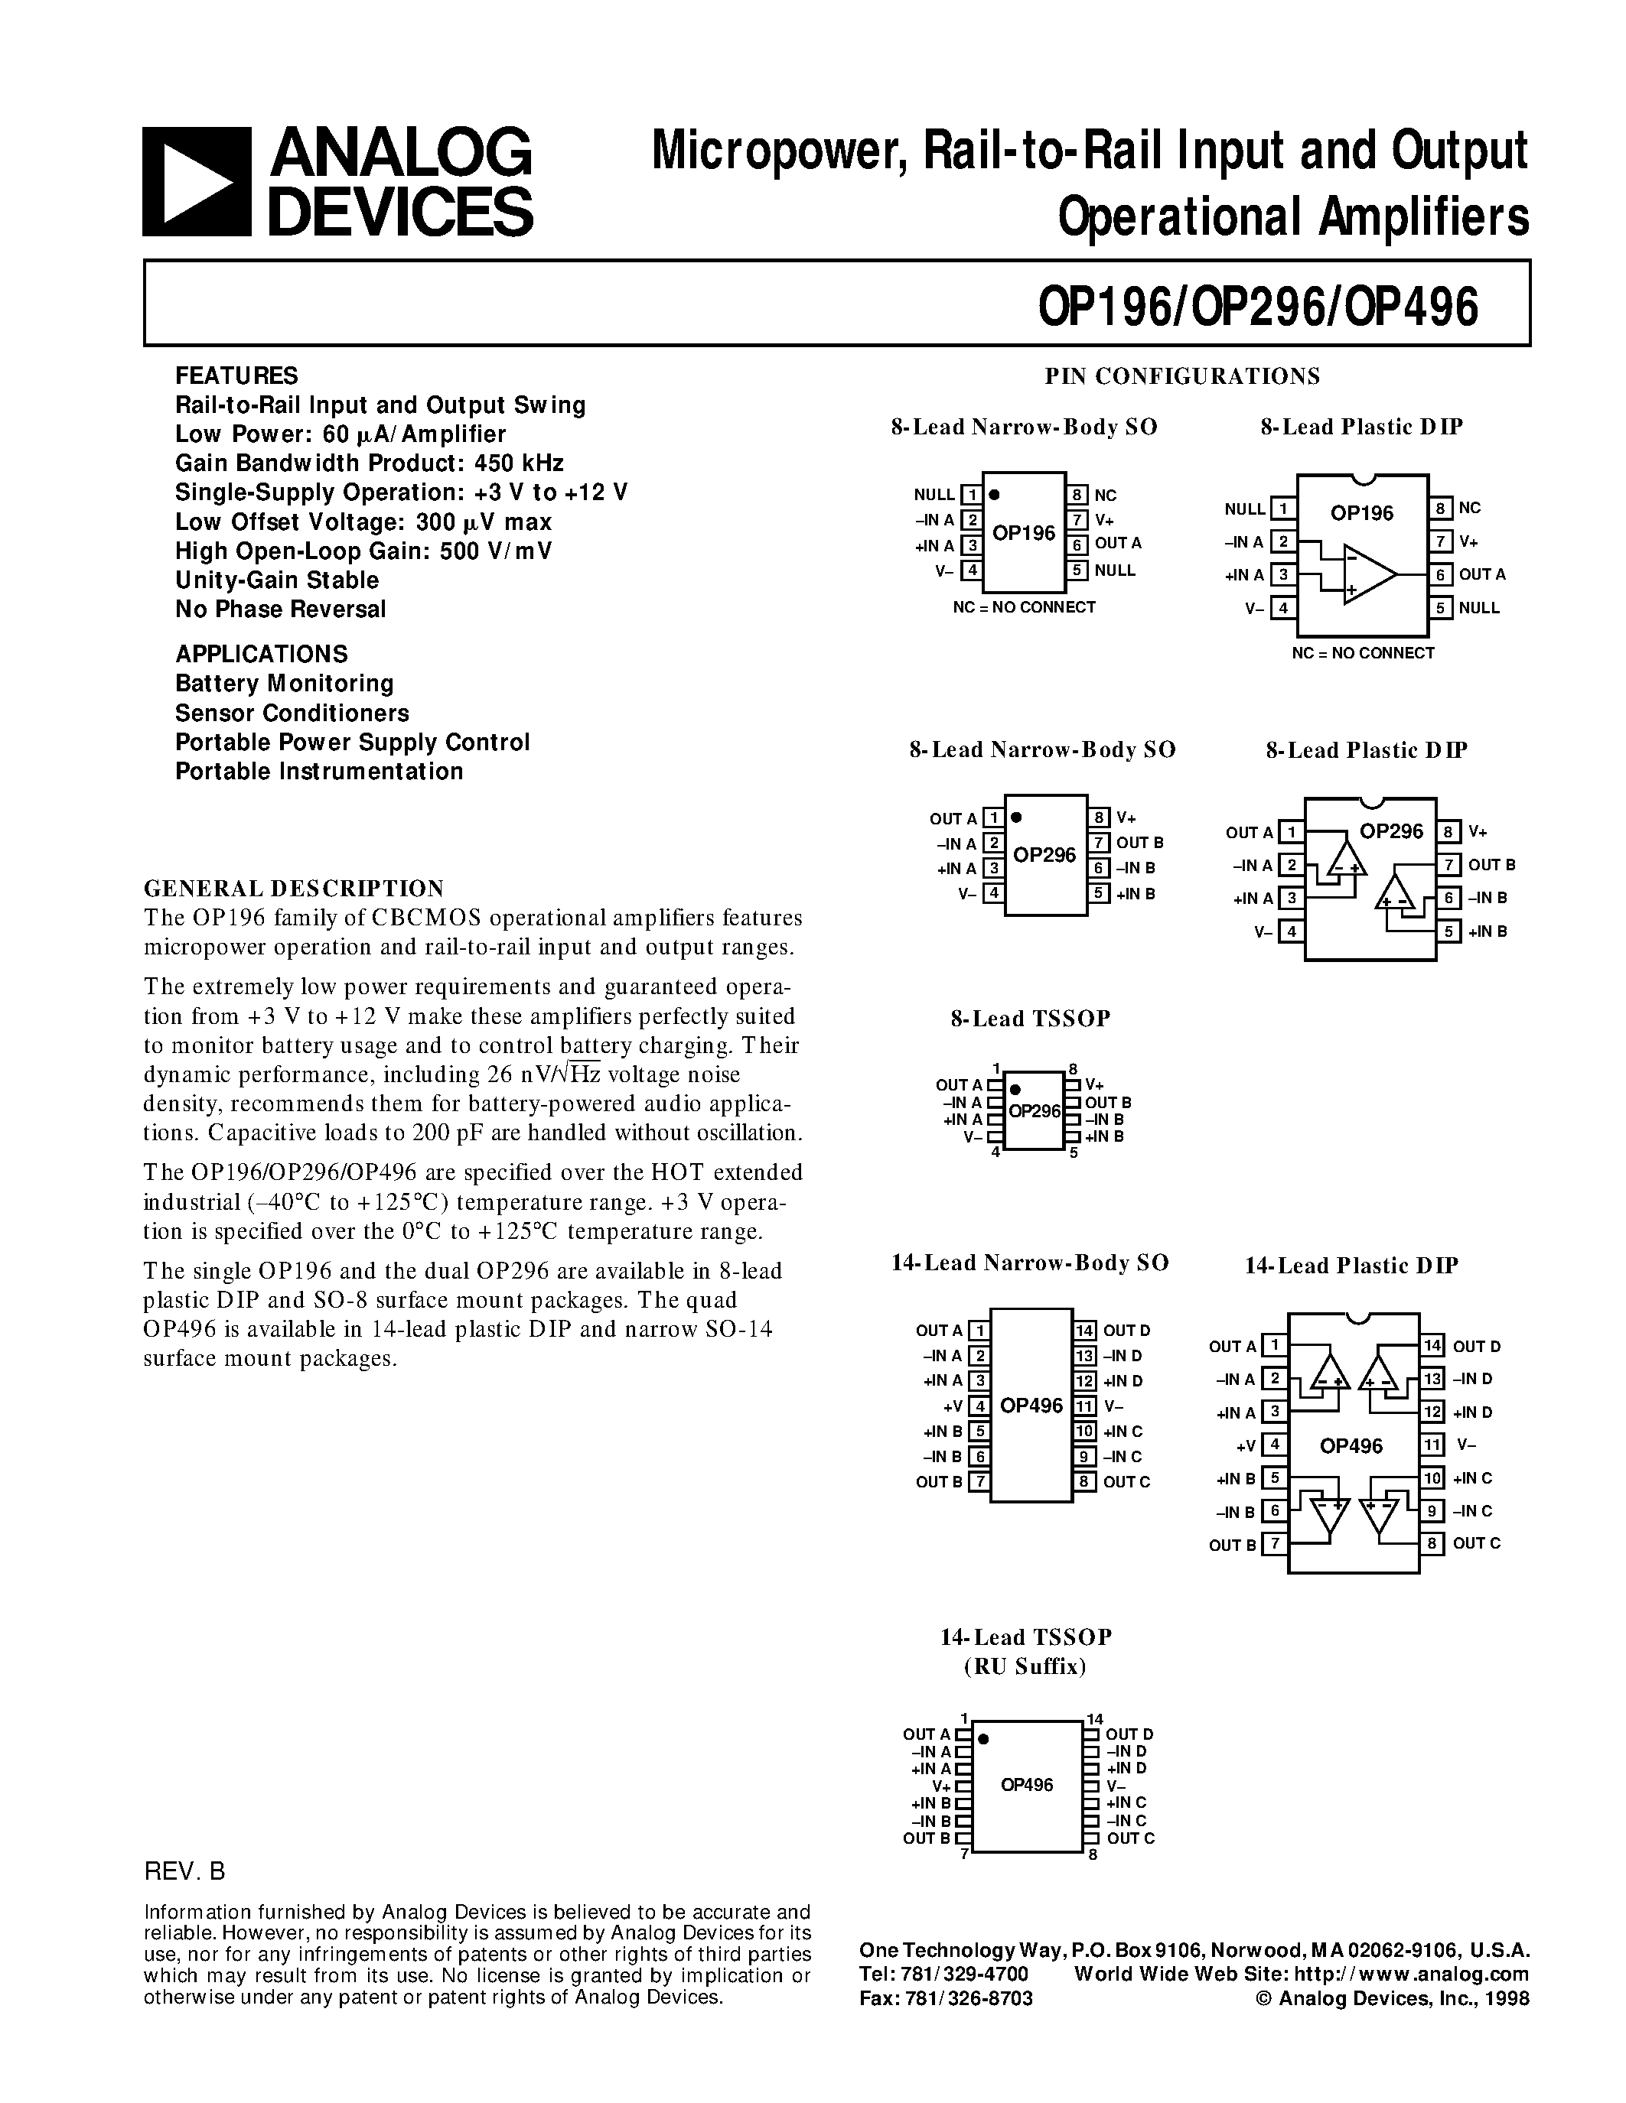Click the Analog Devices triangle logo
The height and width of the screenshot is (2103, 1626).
coord(197,182)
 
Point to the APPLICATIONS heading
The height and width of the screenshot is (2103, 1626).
coord(261,654)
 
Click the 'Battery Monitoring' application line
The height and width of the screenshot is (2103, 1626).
coord(284,684)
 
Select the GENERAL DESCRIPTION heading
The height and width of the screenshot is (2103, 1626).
coord(294,888)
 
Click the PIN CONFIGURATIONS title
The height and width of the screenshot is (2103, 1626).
coord(1182,376)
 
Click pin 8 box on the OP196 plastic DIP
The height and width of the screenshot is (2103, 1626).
coord(1440,509)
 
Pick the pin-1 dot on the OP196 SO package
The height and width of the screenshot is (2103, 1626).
coord(994,495)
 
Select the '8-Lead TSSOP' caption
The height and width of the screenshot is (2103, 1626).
coord(1030,1019)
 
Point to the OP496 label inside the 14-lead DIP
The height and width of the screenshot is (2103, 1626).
coord(1351,1446)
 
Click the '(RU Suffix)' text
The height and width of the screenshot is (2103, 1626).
coord(1025,1667)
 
